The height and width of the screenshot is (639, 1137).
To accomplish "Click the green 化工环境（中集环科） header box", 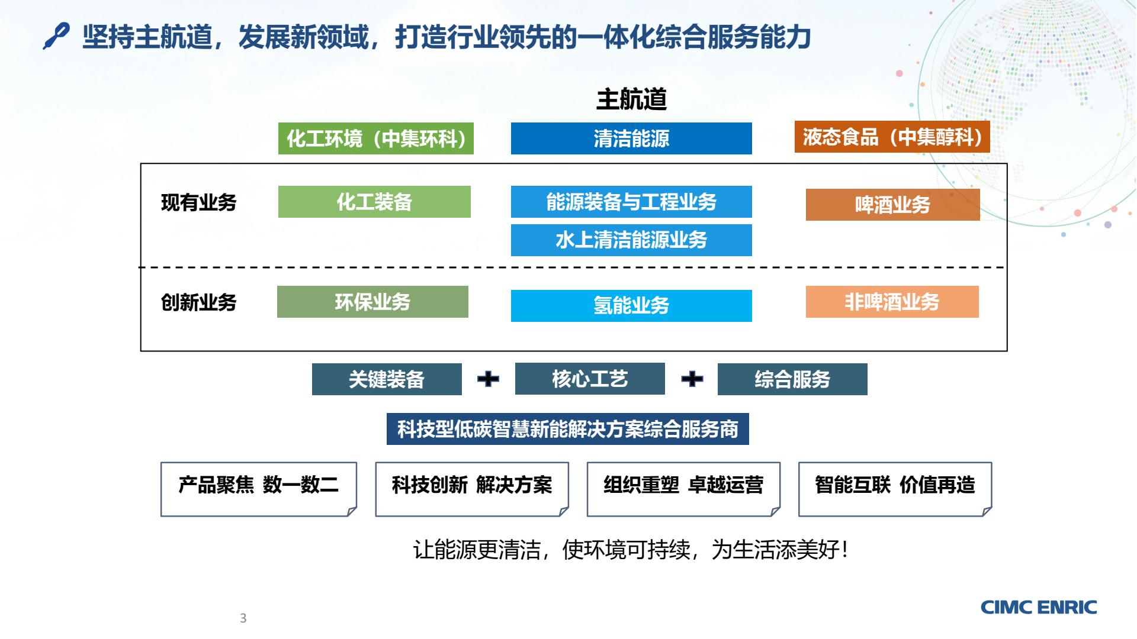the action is (376, 138).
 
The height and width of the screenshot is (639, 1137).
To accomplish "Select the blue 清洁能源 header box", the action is (631, 138).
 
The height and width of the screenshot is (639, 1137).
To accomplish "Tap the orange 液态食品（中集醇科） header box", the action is (892, 137).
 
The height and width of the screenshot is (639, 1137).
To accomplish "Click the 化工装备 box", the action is (374, 202).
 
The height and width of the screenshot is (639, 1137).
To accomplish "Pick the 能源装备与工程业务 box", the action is (631, 202).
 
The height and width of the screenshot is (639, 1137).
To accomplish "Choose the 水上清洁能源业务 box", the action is (631, 240).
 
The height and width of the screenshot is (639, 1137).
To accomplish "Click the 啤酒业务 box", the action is (893, 205).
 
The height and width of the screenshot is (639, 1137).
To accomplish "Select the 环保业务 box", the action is (372, 302).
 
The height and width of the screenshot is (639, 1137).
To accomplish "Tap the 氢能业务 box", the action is (631, 306).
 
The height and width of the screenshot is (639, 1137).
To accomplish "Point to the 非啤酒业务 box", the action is (892, 302).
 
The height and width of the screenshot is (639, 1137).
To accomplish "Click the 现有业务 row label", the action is (199, 203).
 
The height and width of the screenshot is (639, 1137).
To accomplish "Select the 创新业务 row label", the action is (199, 303).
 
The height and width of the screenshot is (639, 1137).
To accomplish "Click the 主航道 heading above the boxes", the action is (631, 99).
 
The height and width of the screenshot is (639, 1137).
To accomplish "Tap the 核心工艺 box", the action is (590, 379).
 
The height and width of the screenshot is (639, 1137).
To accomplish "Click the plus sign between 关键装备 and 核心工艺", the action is (488, 379).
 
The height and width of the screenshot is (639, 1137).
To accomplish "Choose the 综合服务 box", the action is (792, 379).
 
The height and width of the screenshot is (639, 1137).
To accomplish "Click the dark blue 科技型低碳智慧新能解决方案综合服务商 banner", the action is (568, 429).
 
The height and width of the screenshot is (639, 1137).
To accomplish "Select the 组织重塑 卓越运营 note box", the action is (683, 489).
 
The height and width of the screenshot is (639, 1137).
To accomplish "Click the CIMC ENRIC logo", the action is (1039, 607).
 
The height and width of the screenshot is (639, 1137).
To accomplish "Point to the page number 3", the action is (243, 618).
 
